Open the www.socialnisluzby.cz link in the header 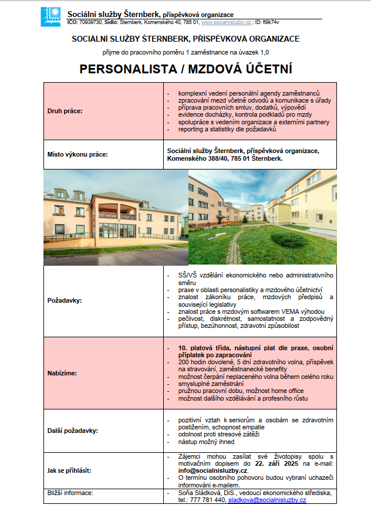tap(227, 22)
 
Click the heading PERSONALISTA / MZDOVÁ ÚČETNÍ tap(185, 69)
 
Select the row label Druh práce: tap(65, 111)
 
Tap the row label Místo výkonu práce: tap(77, 155)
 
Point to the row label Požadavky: tap(65, 300)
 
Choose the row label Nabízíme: tap(63, 372)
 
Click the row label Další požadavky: tap(72, 431)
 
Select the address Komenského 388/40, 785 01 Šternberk tap(225, 158)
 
